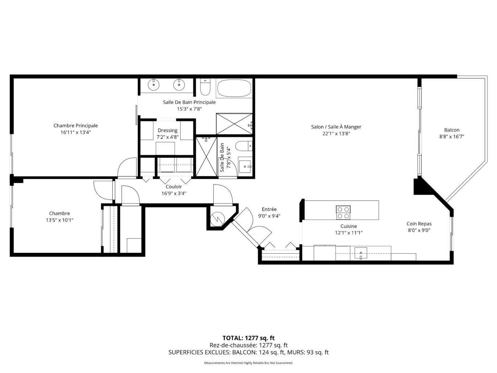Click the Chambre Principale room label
pos(75,126)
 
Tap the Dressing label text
pos(168,131)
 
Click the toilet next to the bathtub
pos(205,87)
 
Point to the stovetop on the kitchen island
pos(343,212)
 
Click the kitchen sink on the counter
pos(361,253)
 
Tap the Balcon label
pos(452,130)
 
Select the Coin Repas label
pos(419,224)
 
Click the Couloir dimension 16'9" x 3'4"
pos(174,193)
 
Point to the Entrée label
pos(269,209)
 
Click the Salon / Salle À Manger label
pos(336,127)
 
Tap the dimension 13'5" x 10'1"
pos(59,220)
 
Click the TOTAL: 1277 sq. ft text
pos(248,338)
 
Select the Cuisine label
pos(349,226)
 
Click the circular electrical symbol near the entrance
pos(217,219)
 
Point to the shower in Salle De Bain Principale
pos(234,124)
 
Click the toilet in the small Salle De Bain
pos(244,146)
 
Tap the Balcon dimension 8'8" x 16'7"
pos(452,136)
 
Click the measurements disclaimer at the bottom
pos(248,363)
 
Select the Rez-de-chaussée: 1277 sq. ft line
pos(248,345)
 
